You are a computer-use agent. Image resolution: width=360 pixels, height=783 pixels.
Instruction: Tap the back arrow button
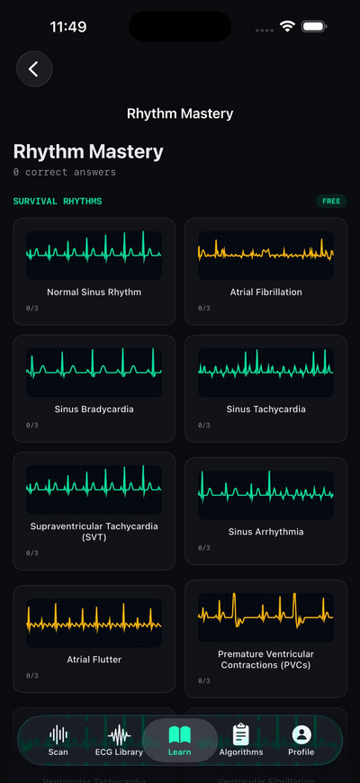click(x=34, y=69)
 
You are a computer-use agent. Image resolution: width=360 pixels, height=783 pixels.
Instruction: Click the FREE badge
click(x=331, y=202)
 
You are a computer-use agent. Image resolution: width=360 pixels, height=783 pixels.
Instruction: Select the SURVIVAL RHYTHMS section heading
click(x=58, y=202)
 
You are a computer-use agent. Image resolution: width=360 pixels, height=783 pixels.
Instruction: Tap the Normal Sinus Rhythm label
click(x=94, y=292)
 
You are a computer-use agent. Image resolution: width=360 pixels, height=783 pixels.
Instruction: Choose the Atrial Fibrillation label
click(x=265, y=292)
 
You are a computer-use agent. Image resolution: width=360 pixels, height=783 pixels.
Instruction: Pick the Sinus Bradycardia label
click(x=94, y=409)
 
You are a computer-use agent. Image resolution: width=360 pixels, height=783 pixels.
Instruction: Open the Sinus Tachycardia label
click(x=265, y=409)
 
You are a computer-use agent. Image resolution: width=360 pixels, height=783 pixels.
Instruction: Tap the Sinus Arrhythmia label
click(x=265, y=532)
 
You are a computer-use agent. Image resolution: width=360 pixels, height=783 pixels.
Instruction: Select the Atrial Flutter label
click(x=94, y=660)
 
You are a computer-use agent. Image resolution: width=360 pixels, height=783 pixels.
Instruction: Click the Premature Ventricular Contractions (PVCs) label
click(x=265, y=660)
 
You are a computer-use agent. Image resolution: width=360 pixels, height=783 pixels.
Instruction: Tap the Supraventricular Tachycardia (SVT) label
click(x=94, y=532)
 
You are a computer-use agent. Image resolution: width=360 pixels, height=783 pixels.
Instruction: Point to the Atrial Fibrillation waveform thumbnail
click(x=265, y=255)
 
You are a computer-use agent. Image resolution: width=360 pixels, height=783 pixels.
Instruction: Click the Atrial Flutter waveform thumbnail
click(x=94, y=622)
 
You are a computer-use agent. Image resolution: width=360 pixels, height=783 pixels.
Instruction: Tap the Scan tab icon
click(x=58, y=734)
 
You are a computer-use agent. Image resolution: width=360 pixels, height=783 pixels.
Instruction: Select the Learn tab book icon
click(x=180, y=734)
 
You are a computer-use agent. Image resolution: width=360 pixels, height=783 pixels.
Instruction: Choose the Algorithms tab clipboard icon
click(x=240, y=734)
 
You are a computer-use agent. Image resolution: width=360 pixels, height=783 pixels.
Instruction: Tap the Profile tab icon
click(x=301, y=734)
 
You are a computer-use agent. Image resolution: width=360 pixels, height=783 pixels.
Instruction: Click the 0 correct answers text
click(x=65, y=172)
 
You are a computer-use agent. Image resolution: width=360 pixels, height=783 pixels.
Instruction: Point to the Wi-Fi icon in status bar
click(x=287, y=27)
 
